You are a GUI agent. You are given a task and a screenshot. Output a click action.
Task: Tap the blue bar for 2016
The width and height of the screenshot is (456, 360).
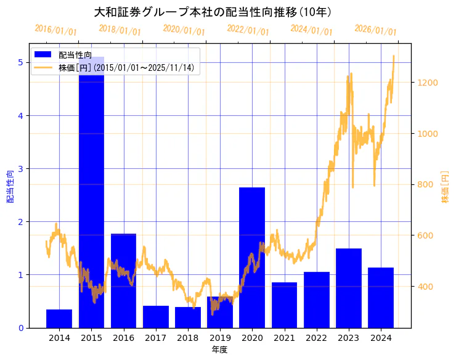[123, 280]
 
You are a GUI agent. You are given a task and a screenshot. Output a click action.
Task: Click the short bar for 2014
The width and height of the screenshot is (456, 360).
[59, 318]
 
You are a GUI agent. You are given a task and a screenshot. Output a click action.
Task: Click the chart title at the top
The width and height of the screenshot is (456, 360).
[213, 12]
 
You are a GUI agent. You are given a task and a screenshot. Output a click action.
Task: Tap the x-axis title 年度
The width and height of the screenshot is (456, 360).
[219, 350]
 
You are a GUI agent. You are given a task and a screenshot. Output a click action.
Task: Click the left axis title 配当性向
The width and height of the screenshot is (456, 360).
[10, 187]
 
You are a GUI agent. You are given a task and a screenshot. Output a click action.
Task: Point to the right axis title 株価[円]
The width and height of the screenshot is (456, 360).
[445, 187]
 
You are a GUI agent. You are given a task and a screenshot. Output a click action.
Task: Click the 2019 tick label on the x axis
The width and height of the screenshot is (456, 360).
[220, 337]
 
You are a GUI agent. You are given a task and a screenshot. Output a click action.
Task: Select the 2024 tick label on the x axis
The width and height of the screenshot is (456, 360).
[381, 337]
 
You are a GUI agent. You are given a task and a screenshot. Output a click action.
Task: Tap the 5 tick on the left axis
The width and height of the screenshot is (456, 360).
[20, 62]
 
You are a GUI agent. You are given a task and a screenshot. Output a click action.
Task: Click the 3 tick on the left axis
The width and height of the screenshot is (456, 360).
[20, 168]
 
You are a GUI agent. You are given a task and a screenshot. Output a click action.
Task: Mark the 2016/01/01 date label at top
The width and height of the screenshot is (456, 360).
[56, 30]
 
